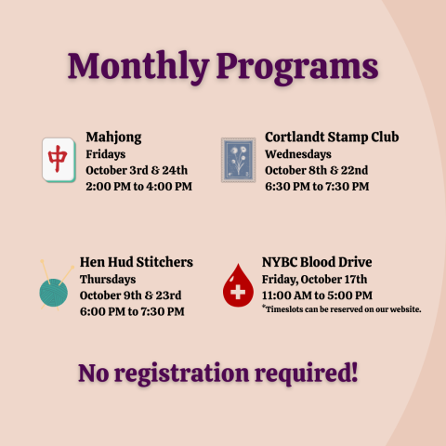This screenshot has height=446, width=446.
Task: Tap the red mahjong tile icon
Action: click(x=59, y=160)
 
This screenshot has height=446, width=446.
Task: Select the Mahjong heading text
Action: click(x=113, y=138)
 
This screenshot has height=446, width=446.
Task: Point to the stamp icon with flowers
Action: click(x=238, y=160)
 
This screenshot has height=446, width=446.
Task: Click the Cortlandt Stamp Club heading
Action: click(x=332, y=138)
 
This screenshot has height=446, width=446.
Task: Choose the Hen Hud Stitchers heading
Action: click(x=137, y=263)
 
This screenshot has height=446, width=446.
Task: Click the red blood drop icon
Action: click(x=239, y=285)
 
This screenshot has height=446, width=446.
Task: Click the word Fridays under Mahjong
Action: click(x=106, y=154)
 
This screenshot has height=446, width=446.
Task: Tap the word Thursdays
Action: click(x=108, y=279)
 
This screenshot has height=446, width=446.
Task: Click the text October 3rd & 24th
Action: click(x=137, y=170)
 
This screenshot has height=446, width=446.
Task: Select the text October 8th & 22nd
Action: click(x=317, y=170)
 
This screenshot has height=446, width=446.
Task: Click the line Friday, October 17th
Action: click(x=315, y=279)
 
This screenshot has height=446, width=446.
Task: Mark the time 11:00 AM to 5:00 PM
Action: click(x=319, y=295)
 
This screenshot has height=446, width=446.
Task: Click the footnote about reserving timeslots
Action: click(x=342, y=308)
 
